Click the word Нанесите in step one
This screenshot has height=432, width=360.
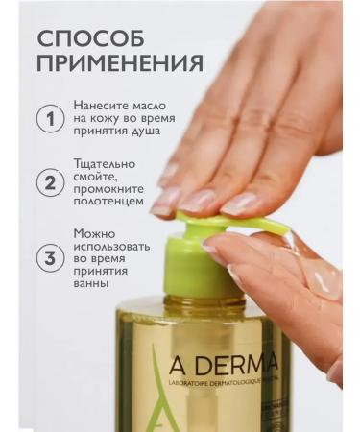pos(99,103)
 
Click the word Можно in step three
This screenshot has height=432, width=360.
pos(94,233)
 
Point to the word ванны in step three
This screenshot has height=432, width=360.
pos(92,283)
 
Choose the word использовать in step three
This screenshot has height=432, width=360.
pos(110,250)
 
